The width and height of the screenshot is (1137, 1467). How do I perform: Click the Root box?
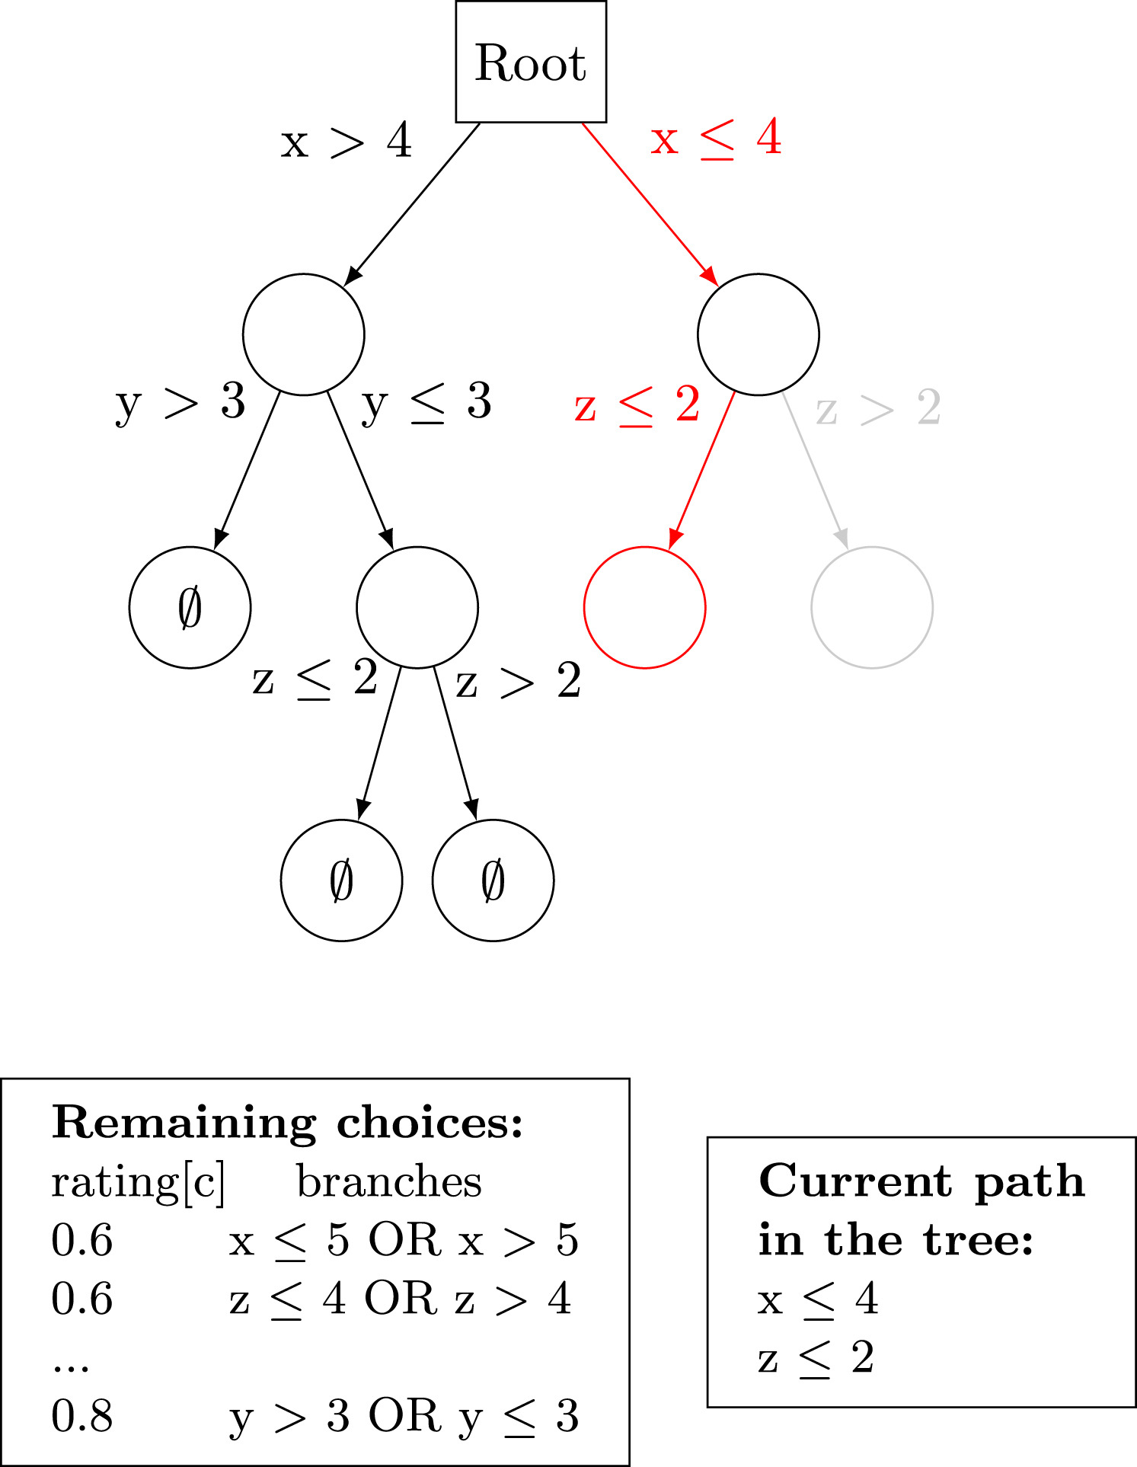[531, 62]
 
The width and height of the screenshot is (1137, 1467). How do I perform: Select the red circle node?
[644, 607]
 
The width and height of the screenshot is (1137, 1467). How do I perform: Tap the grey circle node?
[872, 607]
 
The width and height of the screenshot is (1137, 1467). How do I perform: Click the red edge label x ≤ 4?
[716, 139]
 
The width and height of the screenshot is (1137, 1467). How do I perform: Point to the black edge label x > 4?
[347, 142]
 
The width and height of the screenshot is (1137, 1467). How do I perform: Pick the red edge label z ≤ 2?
[637, 405]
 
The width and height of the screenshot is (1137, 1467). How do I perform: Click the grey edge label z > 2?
[878, 408]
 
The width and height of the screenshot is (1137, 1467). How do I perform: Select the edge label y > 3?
[180, 401]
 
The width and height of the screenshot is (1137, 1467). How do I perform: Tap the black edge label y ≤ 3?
[426, 401]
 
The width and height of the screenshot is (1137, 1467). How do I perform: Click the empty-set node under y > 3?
[190, 607]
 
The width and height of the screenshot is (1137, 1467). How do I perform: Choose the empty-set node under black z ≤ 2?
[341, 880]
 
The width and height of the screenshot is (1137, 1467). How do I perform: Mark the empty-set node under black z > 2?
[493, 880]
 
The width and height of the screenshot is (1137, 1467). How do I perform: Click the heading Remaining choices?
[288, 1123]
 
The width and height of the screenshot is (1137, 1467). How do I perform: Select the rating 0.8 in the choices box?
[81, 1416]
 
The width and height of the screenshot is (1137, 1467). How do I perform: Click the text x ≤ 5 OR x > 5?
[404, 1240]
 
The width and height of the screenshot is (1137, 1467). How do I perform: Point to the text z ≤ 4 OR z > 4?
[400, 1299]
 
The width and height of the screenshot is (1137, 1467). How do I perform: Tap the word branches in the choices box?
[389, 1182]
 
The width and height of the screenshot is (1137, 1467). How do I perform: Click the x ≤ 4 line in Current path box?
[818, 1299]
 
